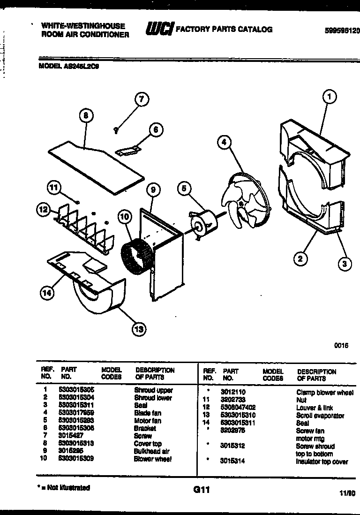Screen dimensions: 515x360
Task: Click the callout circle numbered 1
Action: tap(330, 97)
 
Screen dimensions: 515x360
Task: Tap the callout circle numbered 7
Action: tap(141, 99)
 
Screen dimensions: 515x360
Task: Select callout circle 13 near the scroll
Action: tap(139, 329)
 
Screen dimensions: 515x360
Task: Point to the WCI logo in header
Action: tap(159, 29)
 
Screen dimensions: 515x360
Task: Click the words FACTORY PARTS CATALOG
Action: tap(224, 29)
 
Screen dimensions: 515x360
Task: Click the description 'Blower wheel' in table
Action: tap(153, 459)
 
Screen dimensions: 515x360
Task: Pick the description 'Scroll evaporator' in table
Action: tap(320, 416)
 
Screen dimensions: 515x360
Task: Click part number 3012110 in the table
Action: tap(233, 392)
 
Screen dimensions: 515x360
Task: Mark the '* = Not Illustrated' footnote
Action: tap(64, 488)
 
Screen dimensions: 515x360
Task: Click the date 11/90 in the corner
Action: tap(345, 493)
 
